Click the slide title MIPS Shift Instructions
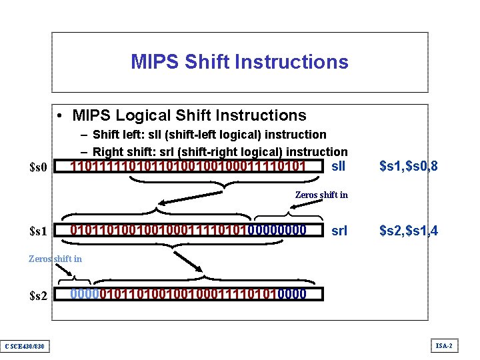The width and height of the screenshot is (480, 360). click(x=239, y=62)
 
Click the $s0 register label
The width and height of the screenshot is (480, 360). click(x=39, y=167)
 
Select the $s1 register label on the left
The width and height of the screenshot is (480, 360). click(x=39, y=231)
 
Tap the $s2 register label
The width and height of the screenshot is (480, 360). click(x=39, y=295)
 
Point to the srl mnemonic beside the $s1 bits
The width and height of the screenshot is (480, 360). click(x=339, y=231)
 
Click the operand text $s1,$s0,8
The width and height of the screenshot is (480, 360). click(x=408, y=165)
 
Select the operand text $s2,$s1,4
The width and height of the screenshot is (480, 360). click(x=408, y=231)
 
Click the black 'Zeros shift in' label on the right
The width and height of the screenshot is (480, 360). click(x=321, y=195)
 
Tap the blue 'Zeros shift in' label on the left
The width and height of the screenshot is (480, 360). click(x=55, y=259)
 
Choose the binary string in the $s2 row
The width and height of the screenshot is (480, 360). click(x=189, y=294)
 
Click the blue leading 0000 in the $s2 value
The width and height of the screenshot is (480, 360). click(x=83, y=294)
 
